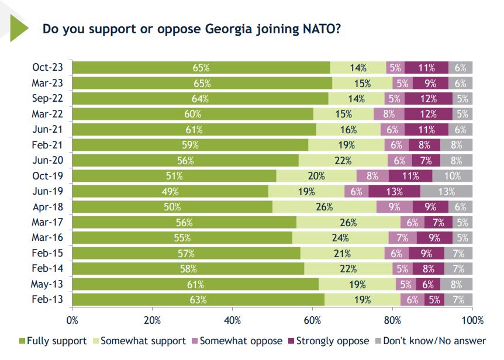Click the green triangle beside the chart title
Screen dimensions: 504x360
point(18,28)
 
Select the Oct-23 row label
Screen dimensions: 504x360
point(47,67)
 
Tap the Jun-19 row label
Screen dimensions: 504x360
point(47,191)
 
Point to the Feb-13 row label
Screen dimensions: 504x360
point(47,299)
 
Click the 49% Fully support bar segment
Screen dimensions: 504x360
point(170,192)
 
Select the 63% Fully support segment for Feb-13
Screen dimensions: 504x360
point(198,300)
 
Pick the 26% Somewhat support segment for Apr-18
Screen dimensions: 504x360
point(325,207)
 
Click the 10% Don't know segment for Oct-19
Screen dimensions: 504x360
point(452,176)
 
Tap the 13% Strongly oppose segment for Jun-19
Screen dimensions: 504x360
point(395,192)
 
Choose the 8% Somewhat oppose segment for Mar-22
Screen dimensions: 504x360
point(389,114)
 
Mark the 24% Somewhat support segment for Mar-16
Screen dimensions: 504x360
point(340,238)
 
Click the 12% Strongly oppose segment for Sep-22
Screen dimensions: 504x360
point(429,99)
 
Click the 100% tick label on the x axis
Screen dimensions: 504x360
point(472,320)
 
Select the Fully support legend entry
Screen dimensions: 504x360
point(53,341)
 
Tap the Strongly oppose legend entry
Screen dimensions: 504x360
point(329,341)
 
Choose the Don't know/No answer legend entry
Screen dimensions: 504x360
point(431,341)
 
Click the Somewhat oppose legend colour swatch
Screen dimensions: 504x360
point(195,341)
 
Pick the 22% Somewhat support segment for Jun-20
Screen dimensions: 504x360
point(343,161)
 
